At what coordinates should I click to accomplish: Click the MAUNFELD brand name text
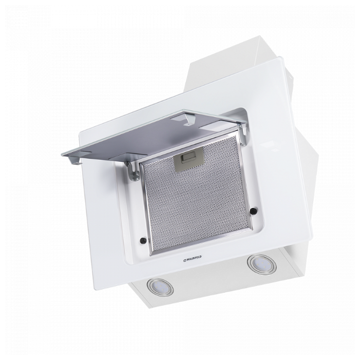194,258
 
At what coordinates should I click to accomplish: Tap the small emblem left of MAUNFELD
184,260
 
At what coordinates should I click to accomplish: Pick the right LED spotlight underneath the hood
262,264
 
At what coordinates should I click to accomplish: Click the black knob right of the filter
253,211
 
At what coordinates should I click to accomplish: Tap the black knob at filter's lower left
143,240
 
